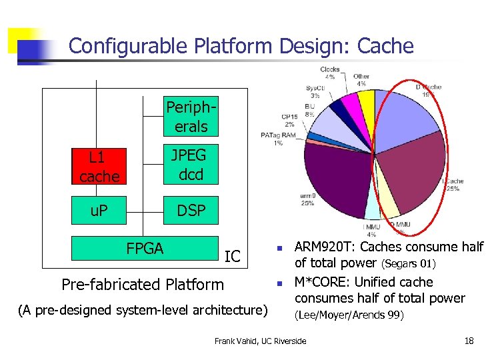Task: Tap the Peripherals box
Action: [186, 117]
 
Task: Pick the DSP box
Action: [191, 211]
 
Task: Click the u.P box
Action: [99, 211]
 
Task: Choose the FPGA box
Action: [145, 248]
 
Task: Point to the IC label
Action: [233, 256]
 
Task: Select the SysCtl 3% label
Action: [315, 91]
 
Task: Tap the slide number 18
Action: [469, 341]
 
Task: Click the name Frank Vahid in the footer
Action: [237, 341]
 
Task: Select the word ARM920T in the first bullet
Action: [323, 247]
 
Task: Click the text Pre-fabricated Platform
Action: [142, 285]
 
